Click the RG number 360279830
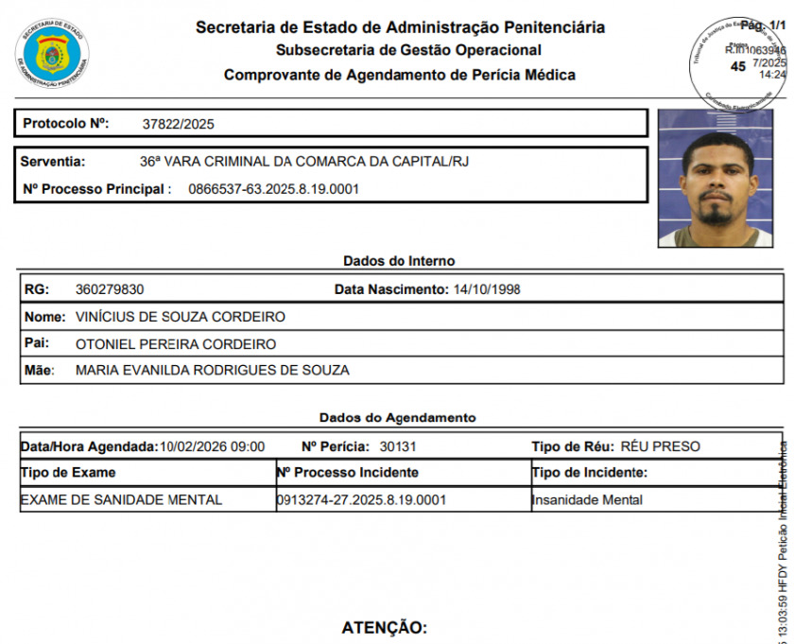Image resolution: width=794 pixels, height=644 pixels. point(110,289)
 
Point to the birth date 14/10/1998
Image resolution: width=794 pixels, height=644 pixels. point(487,289)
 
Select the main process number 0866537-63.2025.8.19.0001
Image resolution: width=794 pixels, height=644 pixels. point(274,189)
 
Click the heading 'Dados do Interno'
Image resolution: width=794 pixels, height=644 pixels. point(398,261)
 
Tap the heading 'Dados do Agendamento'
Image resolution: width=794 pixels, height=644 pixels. point(398,417)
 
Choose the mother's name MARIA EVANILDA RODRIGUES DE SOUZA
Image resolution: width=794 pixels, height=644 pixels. point(212,371)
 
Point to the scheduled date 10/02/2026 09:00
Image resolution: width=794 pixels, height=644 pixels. point(212,446)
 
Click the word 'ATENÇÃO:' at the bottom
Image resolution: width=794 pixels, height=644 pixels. point(384,628)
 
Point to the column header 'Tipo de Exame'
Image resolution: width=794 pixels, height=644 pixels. point(68,473)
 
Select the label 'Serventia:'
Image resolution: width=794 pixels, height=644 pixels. point(53,162)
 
